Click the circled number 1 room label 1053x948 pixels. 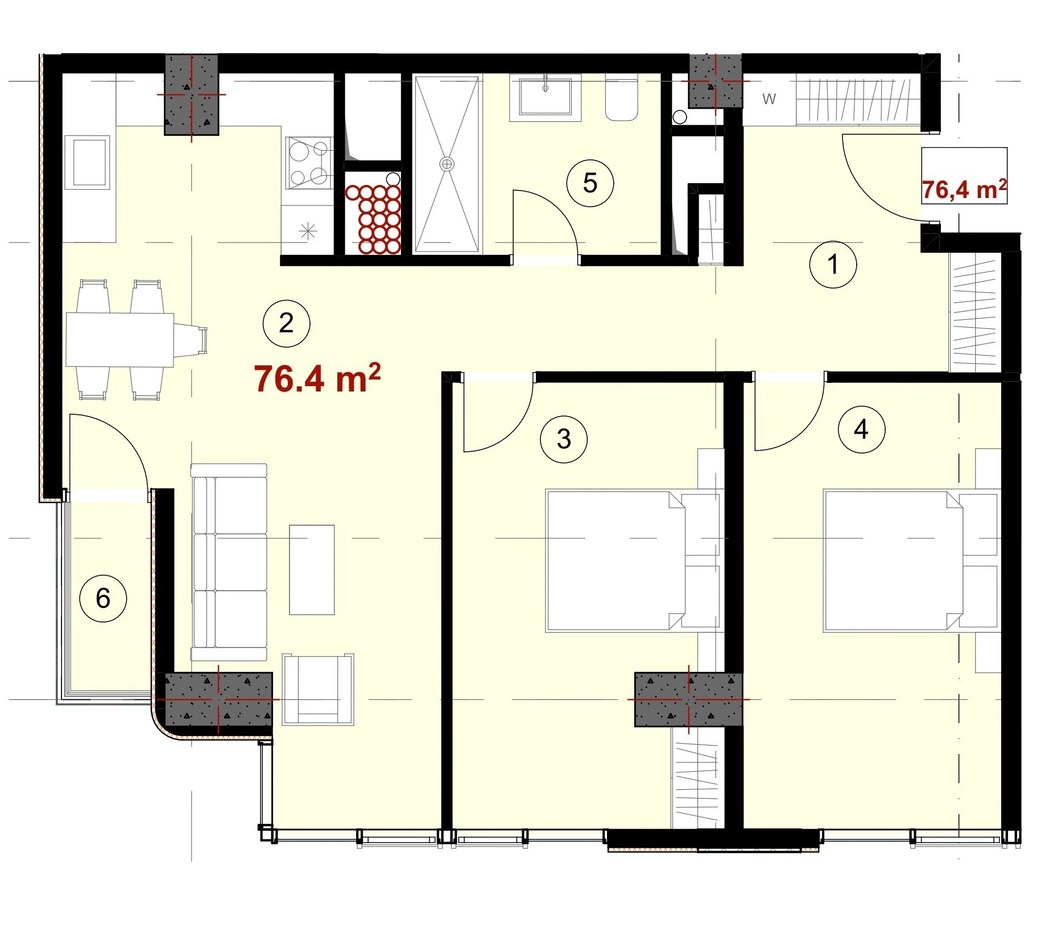[832, 265]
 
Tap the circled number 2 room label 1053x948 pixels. [286, 323]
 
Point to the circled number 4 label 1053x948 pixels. [861, 430]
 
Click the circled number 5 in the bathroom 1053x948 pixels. [590, 183]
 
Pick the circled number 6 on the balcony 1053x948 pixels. [103, 598]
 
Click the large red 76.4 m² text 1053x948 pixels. [317, 378]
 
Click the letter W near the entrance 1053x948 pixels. [769, 99]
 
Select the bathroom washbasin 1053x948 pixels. [545, 97]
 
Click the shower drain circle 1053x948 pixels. [447, 164]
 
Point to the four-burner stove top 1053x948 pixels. [309, 163]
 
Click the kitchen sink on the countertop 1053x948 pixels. [87, 162]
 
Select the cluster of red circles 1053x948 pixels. [373, 218]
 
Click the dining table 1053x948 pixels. [120, 340]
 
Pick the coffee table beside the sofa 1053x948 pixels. [312, 570]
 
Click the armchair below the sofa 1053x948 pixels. [318, 689]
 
